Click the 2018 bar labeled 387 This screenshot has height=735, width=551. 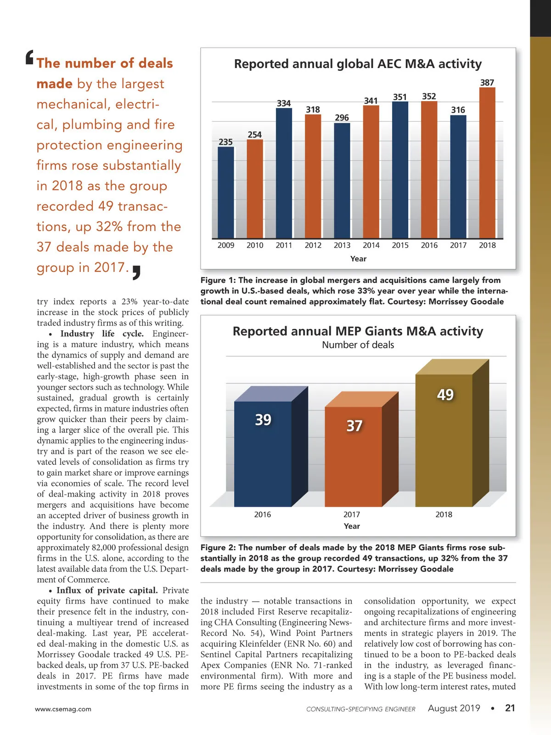coord(487,163)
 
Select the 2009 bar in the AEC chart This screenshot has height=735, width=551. coord(225,193)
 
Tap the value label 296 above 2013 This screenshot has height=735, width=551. coord(342,118)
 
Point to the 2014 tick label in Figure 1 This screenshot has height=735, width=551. coord(371,245)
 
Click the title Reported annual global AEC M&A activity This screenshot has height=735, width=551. coord(358,64)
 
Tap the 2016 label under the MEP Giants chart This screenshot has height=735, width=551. coord(263,514)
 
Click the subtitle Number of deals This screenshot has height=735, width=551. coord(358,345)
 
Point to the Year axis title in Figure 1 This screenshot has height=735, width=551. coord(358,259)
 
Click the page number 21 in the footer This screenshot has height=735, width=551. coord(510,708)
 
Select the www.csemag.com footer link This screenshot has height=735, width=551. coord(63,709)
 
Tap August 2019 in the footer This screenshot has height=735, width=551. coord(454,708)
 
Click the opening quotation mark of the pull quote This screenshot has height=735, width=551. coord(29,57)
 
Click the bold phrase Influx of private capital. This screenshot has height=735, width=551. coord(107,590)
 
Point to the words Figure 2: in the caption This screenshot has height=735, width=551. coord(218,548)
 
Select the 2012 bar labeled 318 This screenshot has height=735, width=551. coord(313,177)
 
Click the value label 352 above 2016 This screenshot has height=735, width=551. coord(429,96)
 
